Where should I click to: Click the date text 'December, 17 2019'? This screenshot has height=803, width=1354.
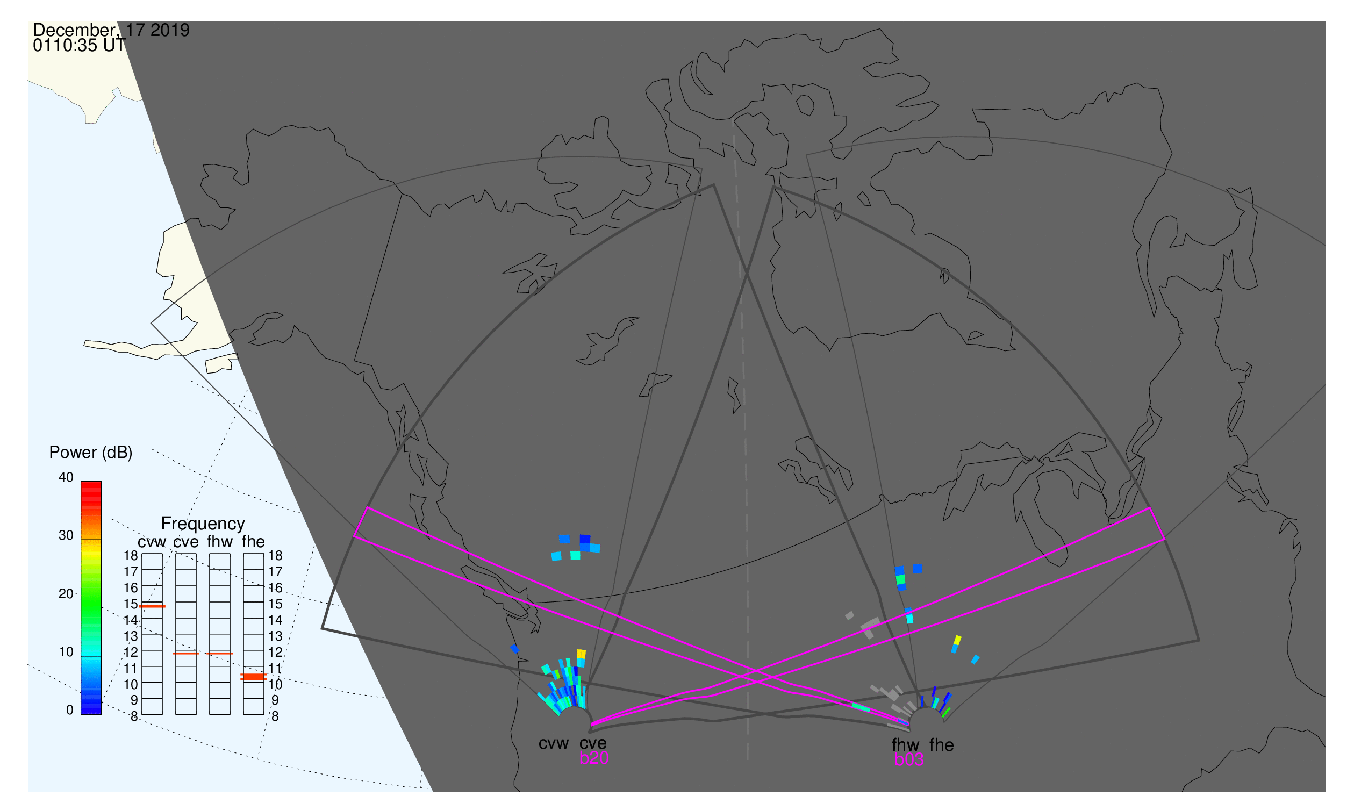coord(111,30)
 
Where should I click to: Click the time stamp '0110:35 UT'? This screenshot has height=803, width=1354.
coord(79,46)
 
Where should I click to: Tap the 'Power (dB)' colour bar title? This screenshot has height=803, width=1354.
coord(91,453)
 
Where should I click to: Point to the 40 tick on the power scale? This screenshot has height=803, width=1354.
coord(66,477)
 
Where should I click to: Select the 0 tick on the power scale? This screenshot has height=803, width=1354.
coord(70,711)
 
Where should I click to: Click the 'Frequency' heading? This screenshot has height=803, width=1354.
coord(203,524)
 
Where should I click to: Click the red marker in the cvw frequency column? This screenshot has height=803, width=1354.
coord(152,607)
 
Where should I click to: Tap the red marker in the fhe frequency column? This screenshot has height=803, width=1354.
coord(253,677)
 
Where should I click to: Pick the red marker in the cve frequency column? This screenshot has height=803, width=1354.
coord(185,654)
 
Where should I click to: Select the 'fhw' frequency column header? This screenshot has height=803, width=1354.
coord(220,542)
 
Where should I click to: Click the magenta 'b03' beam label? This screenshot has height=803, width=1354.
coord(908,760)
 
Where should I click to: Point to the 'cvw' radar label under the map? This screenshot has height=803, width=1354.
coord(553,744)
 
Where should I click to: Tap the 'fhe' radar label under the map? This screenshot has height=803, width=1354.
coord(942,745)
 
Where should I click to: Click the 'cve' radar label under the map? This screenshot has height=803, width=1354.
coord(593,743)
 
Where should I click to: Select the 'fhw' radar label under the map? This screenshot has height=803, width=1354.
coord(905,745)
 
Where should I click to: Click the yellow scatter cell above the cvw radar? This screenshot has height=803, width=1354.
coord(581,654)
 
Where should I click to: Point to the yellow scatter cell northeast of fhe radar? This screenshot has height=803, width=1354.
coord(957,641)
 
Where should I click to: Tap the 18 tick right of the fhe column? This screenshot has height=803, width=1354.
coord(275,556)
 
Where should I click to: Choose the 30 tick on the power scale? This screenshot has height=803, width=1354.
coord(66,536)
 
